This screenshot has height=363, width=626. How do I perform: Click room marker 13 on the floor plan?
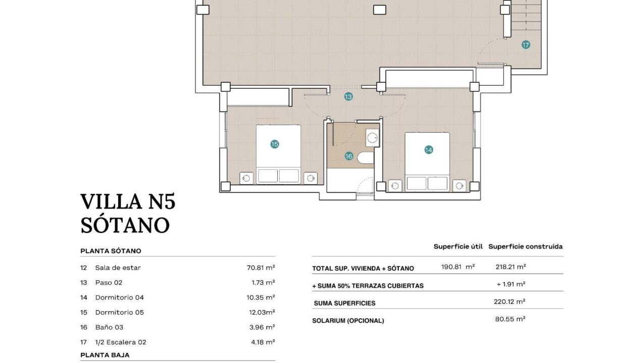click(x=348, y=97)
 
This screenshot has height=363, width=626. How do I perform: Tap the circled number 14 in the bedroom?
click(x=429, y=150)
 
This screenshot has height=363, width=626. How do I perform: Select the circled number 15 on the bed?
click(x=275, y=144)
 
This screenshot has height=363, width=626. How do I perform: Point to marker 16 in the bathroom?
click(x=349, y=156)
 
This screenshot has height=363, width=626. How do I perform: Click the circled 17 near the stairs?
click(x=526, y=45)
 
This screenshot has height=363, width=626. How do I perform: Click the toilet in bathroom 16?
click(x=366, y=158)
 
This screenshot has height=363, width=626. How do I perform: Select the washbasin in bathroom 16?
click(x=373, y=138)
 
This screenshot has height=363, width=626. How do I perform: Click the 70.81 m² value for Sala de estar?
click(x=260, y=268)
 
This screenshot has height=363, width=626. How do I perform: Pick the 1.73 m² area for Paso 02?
click(x=263, y=282)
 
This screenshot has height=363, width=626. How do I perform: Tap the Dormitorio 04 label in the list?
click(x=119, y=297)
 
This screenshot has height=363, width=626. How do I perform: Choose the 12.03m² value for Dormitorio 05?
click(x=262, y=312)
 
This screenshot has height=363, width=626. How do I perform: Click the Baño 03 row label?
click(x=109, y=327)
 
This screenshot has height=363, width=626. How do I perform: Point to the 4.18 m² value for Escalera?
click(x=263, y=342)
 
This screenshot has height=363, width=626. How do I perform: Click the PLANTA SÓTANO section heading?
click(x=111, y=251)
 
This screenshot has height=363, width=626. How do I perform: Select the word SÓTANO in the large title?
click(x=125, y=225)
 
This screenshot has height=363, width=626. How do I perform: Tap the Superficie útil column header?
click(x=458, y=247)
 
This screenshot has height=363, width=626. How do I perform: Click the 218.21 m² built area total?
click(x=510, y=267)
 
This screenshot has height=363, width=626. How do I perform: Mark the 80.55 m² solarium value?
click(x=510, y=319)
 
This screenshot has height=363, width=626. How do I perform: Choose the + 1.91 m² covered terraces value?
click(x=511, y=284)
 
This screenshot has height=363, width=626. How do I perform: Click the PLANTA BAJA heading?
click(x=105, y=355)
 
